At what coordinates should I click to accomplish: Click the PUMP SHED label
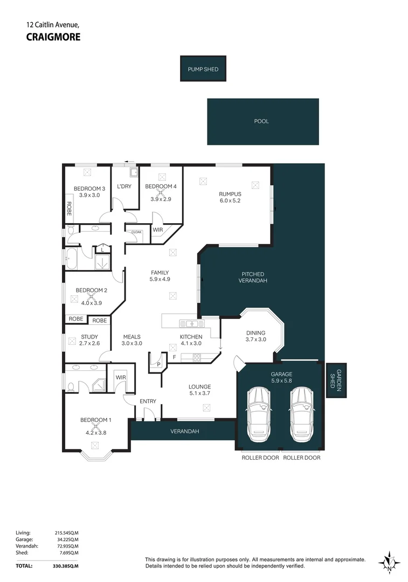pyautogui.click(x=203, y=69)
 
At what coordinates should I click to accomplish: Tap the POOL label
pyautogui.click(x=261, y=121)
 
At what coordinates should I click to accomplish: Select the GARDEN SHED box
pyautogui.click(x=336, y=380)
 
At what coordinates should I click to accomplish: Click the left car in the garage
pyautogui.click(x=258, y=414)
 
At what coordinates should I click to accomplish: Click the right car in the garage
pyautogui.click(x=302, y=414)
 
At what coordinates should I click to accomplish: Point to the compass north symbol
pyautogui.click(x=389, y=562)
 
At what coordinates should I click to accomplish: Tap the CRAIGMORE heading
pyautogui.click(x=53, y=37)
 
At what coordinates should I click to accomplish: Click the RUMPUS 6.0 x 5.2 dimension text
pyautogui.click(x=230, y=200)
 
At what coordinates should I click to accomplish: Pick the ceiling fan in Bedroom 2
pyautogui.click(x=91, y=296)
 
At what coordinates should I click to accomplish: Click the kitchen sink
pyautogui.click(x=192, y=323)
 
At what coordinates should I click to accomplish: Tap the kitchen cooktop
pyautogui.click(x=196, y=357)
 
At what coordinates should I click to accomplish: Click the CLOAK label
pyautogui.click(x=136, y=232)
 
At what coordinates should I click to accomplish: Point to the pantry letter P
pyautogui.click(x=158, y=364)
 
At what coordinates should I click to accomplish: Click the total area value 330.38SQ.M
pyautogui.click(x=65, y=566)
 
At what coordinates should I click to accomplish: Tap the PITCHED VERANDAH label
pyautogui.click(x=253, y=278)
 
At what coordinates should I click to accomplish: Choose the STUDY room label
pyautogui.click(x=89, y=337)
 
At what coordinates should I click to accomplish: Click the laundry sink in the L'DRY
pyautogui.click(x=134, y=172)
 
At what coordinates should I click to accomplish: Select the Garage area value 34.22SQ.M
pyautogui.click(x=66, y=539)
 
